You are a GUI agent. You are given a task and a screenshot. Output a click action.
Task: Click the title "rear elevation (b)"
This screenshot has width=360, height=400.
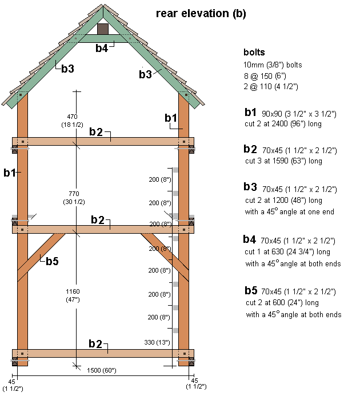pyautogui.click(x=201, y=14)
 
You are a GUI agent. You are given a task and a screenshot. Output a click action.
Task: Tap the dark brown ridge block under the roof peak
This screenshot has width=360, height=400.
pyautogui.click(x=103, y=29)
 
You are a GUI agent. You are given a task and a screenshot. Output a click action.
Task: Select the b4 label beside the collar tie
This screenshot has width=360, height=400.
pyautogui.click(x=102, y=48)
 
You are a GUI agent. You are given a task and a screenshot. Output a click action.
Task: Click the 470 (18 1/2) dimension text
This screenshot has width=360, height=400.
pyautogui.click(x=72, y=121)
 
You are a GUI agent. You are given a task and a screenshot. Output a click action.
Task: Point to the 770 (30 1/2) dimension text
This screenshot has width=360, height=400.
pyautogui.click(x=74, y=198)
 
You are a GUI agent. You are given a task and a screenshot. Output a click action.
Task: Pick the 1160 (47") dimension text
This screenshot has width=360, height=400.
pyautogui.click(x=73, y=295)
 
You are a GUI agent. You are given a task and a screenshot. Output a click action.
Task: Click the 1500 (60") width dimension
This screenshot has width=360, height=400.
pyautogui.click(x=101, y=370)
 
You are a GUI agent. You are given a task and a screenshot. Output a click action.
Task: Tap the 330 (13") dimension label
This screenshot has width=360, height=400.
pyautogui.click(x=157, y=342)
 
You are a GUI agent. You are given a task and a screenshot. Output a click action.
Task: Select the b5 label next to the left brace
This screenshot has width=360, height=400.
pyautogui.click(x=52, y=261)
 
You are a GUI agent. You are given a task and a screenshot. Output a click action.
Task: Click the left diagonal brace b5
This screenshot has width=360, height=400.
pyautogui.click(x=41, y=257)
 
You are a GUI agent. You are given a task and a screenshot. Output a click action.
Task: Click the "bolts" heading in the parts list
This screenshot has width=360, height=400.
pyautogui.click(x=254, y=53)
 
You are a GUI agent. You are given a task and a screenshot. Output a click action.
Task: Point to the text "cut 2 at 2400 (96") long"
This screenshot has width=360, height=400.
pyautogui.click(x=283, y=124)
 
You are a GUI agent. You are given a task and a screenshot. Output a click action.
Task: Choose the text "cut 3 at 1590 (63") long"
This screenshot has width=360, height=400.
pyautogui.click(x=283, y=161)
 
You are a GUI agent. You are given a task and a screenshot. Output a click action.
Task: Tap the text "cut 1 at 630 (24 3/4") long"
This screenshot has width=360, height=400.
pyautogui.click(x=287, y=252)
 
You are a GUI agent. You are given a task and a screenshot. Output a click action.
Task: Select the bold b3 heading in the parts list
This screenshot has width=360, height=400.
pyautogui.click(x=250, y=187)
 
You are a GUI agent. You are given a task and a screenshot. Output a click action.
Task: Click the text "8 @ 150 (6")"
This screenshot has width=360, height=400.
pyautogui.click(x=265, y=76)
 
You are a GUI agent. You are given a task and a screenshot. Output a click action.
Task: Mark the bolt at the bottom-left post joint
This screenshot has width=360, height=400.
pyautogui.click(x=22, y=354)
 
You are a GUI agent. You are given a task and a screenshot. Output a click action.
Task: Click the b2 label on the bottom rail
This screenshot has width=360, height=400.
pyautogui.click(x=95, y=344)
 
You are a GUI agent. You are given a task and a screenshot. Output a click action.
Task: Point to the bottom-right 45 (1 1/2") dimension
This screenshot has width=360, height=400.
pyautogui.click(x=196, y=383)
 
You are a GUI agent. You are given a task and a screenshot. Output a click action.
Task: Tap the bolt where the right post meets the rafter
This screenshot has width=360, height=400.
pyautogui.click(x=186, y=95)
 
